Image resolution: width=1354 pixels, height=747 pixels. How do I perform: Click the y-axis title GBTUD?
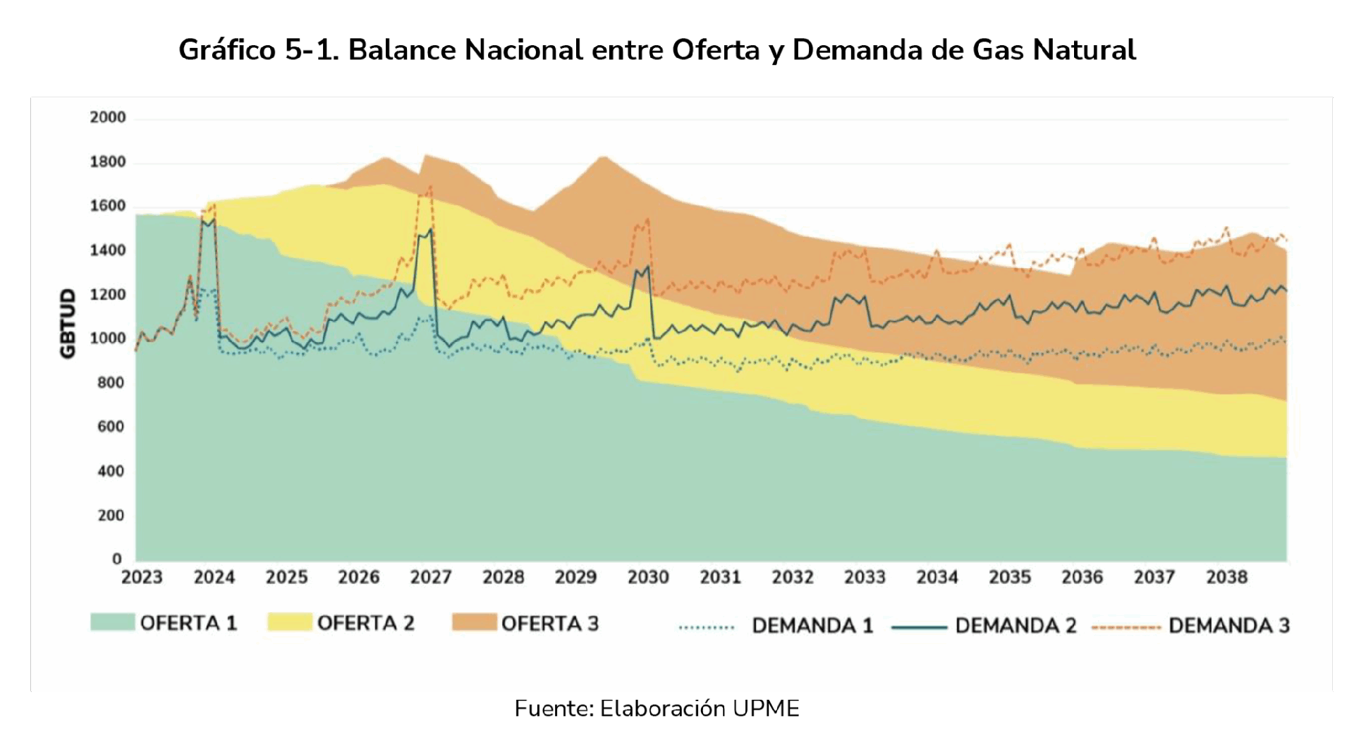(68, 324)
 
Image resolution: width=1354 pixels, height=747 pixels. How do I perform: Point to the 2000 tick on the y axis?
(108, 117)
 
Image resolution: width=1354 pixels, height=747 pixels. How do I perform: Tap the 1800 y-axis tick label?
(108, 162)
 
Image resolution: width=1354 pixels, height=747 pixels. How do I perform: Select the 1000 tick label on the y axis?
(108, 339)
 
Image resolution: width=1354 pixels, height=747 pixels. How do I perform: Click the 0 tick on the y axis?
(117, 559)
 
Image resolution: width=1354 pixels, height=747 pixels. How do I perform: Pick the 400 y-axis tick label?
(111, 471)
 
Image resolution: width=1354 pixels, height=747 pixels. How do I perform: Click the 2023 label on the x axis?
(142, 578)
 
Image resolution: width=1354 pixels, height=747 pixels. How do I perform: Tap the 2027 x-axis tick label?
(431, 578)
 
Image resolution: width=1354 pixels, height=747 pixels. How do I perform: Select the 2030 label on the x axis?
(648, 578)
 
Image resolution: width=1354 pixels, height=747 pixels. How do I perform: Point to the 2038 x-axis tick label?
(1227, 578)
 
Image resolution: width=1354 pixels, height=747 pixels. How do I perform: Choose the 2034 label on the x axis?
(937, 578)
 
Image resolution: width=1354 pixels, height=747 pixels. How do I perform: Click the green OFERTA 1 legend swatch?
(112, 622)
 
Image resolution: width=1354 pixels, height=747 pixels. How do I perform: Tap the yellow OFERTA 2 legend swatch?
(289, 622)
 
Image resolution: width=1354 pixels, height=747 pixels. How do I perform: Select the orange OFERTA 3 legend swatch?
(474, 622)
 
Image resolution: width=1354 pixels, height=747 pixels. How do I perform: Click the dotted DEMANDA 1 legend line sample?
(707, 626)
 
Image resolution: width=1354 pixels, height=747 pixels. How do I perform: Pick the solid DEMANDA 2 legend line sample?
(920, 626)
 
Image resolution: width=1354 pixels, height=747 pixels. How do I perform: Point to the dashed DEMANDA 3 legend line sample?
(1126, 626)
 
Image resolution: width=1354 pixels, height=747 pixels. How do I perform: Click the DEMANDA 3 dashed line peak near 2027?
(429, 187)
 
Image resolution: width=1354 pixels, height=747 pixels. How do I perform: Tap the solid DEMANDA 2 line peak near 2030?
(647, 267)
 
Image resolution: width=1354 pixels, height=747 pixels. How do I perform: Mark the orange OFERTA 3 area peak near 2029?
(603, 157)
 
